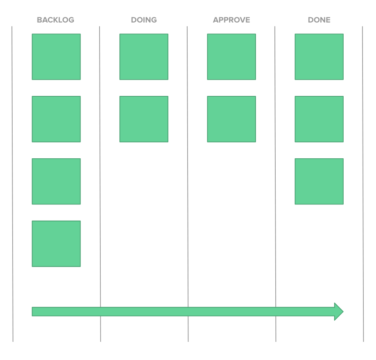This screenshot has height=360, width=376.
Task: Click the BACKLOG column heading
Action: click(x=56, y=20)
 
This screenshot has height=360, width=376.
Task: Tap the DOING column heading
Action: click(x=144, y=20)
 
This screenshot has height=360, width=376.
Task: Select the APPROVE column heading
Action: click(x=231, y=20)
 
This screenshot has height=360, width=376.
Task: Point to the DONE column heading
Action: click(x=319, y=20)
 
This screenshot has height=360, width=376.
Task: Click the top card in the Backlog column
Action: click(x=56, y=57)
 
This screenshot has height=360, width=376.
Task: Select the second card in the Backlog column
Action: click(x=56, y=119)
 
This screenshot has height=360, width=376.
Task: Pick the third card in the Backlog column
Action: click(x=56, y=182)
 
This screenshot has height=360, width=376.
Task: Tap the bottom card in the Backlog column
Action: click(x=56, y=244)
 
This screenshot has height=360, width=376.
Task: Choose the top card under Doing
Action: click(x=144, y=57)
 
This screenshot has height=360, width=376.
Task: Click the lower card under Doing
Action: click(x=144, y=119)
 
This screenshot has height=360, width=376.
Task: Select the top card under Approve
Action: click(x=231, y=57)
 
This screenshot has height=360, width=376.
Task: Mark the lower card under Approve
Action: click(x=231, y=119)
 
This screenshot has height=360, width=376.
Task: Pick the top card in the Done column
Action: click(x=319, y=57)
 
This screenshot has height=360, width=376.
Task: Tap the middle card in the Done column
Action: click(x=319, y=119)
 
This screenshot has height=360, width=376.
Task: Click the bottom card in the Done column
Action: click(x=319, y=182)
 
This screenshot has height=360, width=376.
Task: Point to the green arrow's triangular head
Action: click(x=338, y=311)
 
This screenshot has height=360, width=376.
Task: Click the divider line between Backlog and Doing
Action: click(x=100, y=184)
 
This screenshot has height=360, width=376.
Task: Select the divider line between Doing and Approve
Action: click(x=188, y=184)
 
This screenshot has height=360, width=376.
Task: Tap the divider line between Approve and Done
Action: click(x=275, y=184)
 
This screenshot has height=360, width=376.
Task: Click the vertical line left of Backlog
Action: click(x=13, y=184)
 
